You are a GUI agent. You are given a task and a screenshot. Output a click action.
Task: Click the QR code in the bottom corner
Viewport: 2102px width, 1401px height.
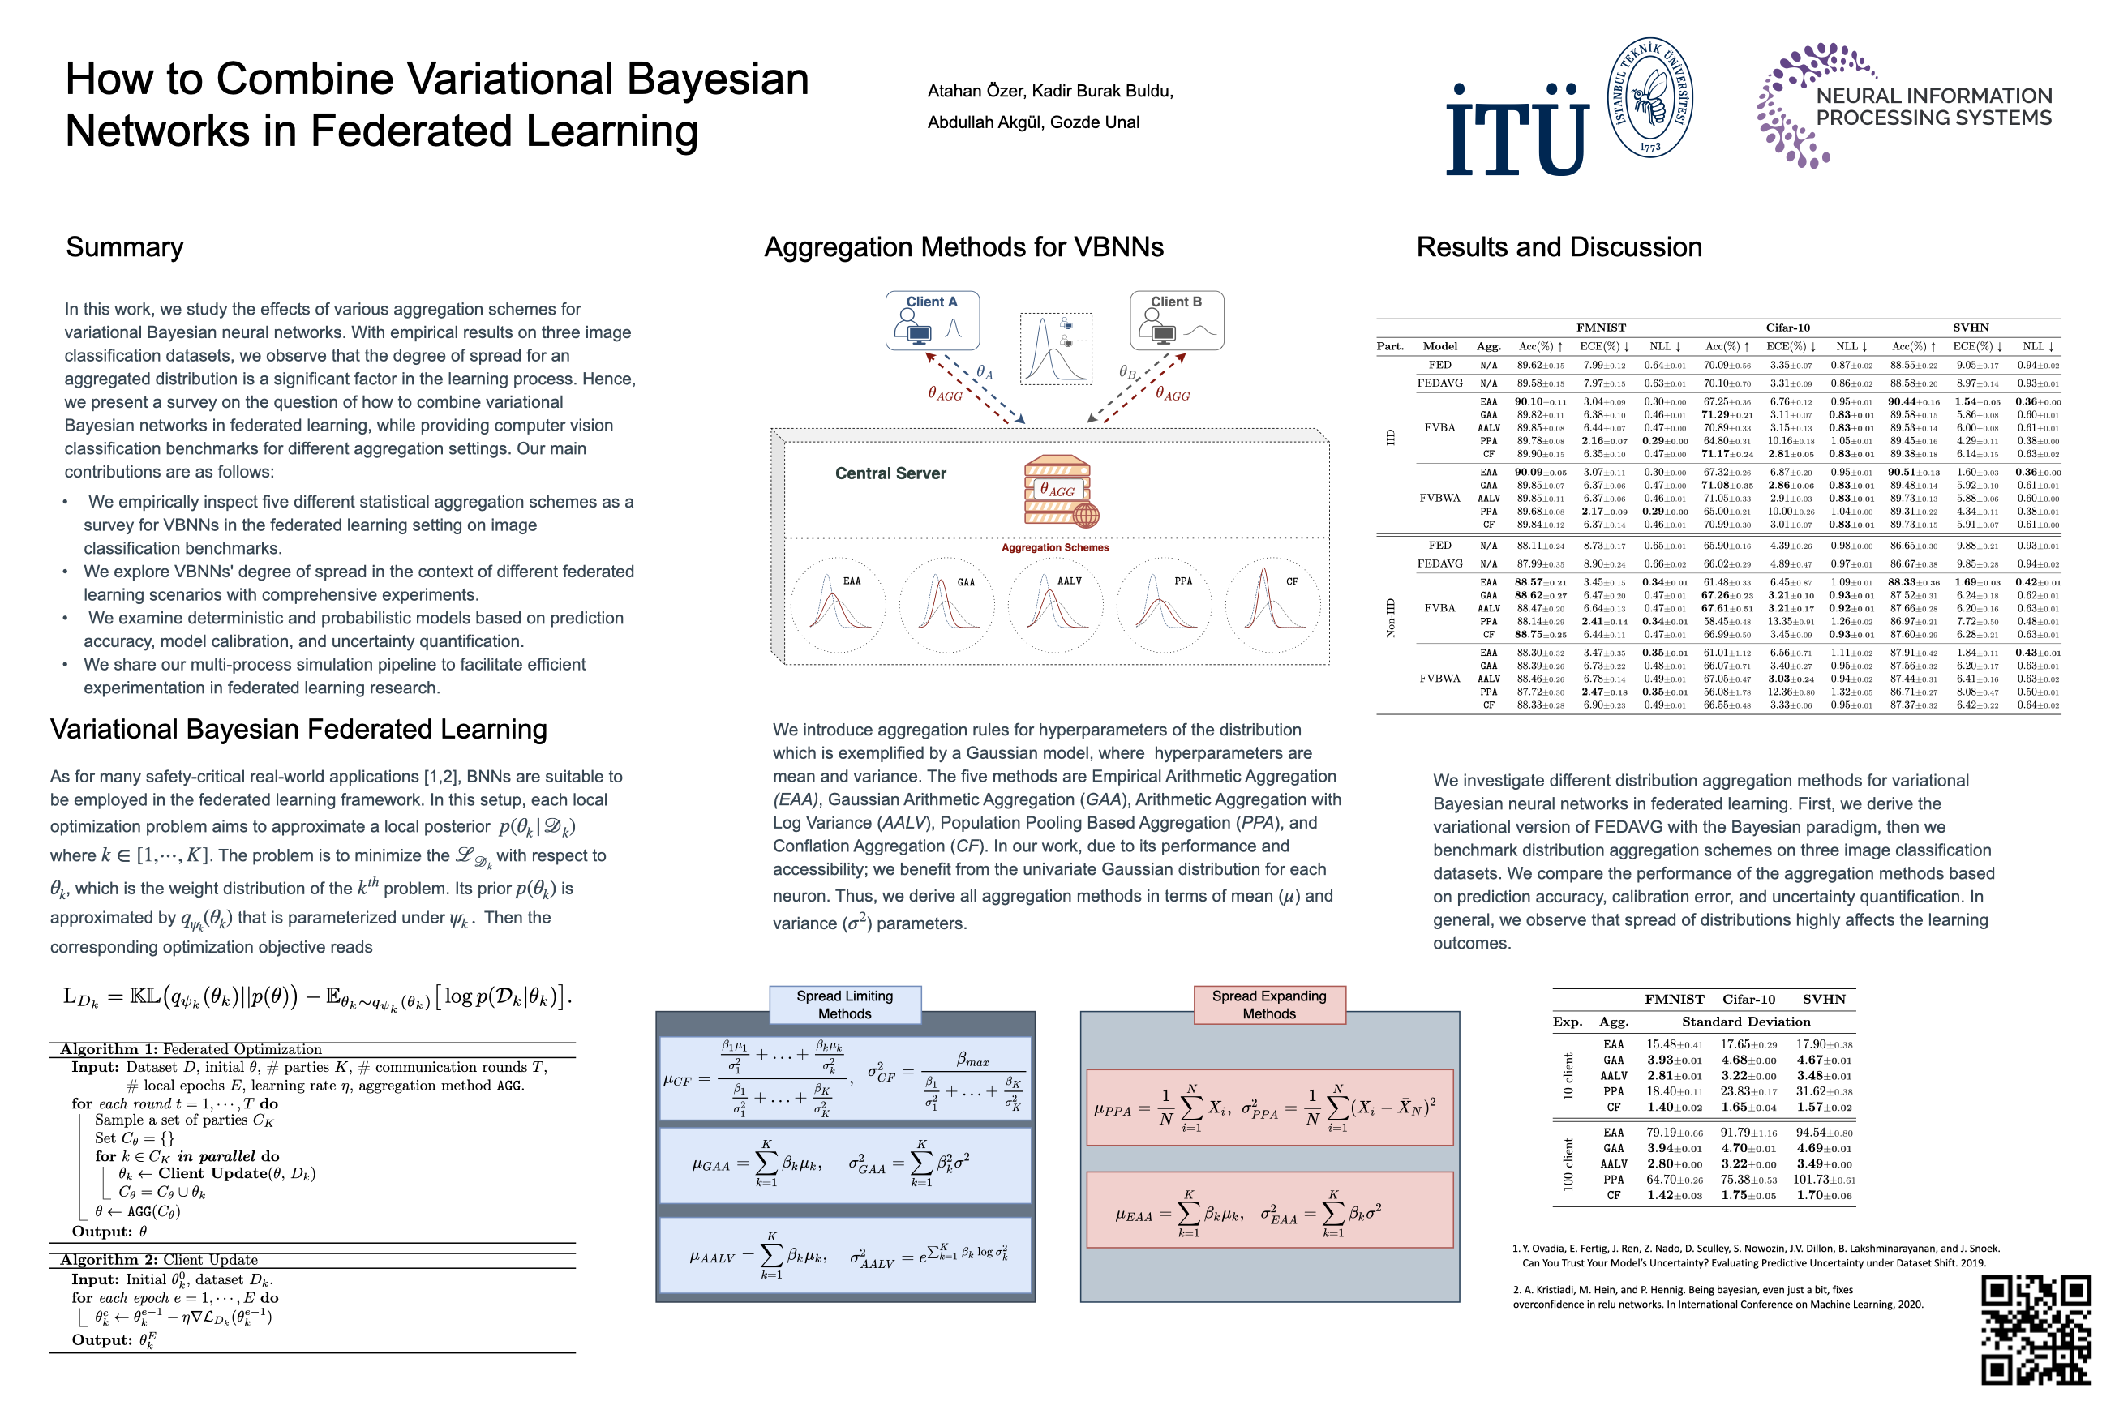[2035, 1330]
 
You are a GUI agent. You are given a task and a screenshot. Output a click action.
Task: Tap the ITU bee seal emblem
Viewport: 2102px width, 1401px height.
[1649, 97]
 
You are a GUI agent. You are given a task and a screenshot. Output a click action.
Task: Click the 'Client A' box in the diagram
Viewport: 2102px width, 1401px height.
[932, 320]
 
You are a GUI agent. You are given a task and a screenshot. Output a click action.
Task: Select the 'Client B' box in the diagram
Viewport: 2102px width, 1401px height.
[1176, 320]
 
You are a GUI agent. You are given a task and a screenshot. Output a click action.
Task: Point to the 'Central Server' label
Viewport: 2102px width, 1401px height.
[890, 473]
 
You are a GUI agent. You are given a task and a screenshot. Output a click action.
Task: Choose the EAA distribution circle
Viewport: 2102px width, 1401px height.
[838, 605]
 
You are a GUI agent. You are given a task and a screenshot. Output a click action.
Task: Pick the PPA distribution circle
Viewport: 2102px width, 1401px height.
[1164, 605]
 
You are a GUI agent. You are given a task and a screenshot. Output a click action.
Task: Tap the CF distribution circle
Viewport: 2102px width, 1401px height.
[1272, 605]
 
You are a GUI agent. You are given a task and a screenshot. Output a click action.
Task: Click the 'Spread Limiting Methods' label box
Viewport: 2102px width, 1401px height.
[844, 1005]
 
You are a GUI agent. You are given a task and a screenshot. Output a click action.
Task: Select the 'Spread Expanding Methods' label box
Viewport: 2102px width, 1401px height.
[1268, 1005]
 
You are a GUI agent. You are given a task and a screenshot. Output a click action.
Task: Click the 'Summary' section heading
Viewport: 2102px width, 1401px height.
[125, 247]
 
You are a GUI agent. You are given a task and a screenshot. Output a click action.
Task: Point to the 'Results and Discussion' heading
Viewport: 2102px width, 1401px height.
[1559, 247]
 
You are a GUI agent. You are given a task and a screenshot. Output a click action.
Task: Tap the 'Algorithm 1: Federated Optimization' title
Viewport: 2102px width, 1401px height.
[191, 1049]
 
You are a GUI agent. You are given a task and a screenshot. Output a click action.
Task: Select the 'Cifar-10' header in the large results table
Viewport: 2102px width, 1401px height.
[1787, 328]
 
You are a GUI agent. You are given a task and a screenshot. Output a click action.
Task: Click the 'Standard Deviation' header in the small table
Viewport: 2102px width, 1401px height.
[1745, 1022]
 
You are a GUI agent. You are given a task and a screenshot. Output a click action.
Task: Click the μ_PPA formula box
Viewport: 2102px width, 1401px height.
[1269, 1108]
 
